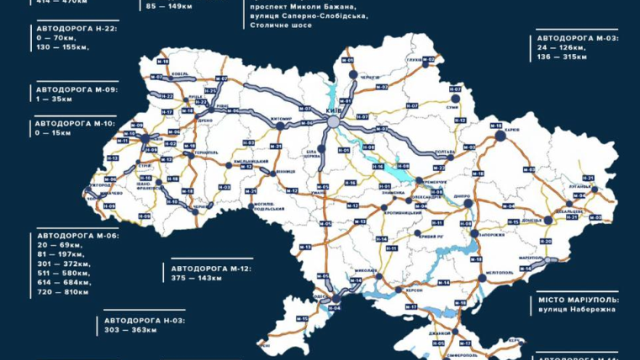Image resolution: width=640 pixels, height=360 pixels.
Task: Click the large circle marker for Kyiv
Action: (333, 122)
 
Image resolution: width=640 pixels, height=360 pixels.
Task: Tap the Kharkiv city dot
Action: (500, 135)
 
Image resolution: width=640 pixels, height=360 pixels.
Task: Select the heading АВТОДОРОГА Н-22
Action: (76, 29)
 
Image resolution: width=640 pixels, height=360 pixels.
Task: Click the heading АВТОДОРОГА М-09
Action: (76, 89)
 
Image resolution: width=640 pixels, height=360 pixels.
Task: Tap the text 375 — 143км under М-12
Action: (196, 278)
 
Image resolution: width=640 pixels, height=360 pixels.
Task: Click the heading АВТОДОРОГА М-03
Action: (577, 38)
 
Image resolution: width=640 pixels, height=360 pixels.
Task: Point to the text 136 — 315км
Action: (562, 57)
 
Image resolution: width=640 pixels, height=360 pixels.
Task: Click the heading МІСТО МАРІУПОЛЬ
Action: (578, 300)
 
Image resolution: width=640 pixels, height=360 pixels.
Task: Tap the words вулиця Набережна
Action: (576, 309)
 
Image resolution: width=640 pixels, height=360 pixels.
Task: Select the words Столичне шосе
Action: (281, 25)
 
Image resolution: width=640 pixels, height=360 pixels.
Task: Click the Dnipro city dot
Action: (468, 203)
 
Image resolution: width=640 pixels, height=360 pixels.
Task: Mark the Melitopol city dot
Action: (482, 278)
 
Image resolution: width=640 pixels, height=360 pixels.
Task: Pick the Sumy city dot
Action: (455, 98)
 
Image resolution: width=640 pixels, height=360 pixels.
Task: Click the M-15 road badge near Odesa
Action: (302, 318)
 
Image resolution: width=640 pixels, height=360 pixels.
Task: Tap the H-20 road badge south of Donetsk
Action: (546, 241)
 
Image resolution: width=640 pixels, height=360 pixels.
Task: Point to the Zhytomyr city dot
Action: (280, 125)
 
